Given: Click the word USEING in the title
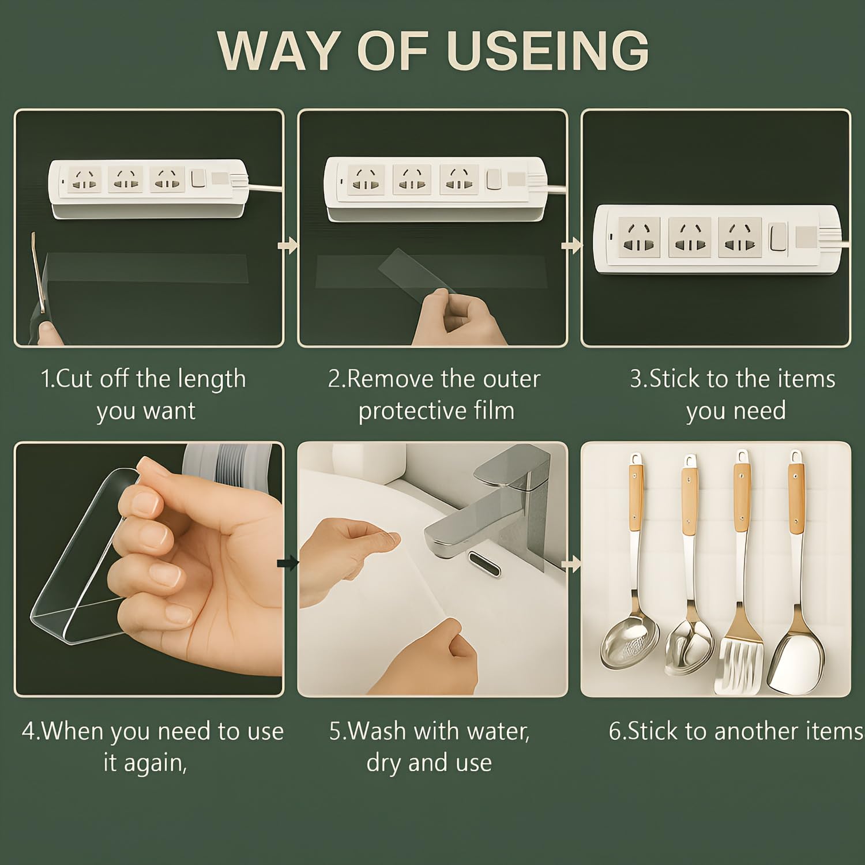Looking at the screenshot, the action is click(x=548, y=50).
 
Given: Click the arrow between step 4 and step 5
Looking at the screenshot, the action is click(x=288, y=563).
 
